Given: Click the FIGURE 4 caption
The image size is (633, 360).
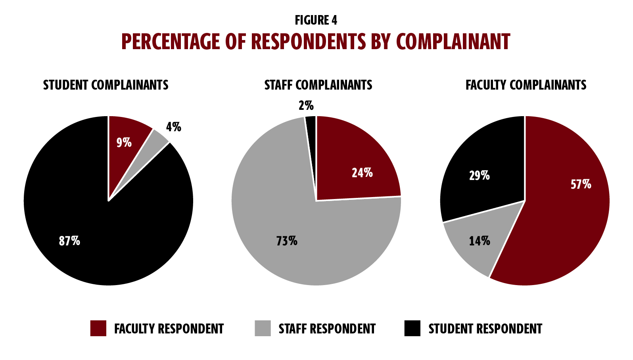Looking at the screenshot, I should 316,20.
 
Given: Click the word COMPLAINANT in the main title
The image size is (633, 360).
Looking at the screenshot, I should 453,42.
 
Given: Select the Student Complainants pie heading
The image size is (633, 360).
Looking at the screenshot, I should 105,85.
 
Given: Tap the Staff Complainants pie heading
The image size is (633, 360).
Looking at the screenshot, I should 318,85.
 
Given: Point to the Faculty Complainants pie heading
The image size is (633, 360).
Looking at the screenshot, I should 526,85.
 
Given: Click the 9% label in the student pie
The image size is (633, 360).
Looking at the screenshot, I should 124,142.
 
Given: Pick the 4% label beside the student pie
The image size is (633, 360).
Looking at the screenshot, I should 173,127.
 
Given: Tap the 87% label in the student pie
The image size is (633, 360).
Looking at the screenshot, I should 69,241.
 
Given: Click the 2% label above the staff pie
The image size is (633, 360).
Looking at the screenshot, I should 306,105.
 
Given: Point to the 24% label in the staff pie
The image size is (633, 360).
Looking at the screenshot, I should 362,173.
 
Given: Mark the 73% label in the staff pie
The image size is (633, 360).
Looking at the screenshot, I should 286,241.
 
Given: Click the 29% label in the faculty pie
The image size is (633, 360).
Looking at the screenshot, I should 479,175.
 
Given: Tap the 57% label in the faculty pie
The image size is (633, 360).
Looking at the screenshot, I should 581,184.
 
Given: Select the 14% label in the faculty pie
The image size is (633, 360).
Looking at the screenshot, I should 479,241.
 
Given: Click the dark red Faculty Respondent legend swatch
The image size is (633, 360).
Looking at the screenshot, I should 98,328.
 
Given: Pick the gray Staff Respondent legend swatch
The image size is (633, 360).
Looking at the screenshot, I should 263,328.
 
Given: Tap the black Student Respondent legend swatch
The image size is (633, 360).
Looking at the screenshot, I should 412,328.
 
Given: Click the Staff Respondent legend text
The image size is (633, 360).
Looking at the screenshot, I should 327,329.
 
